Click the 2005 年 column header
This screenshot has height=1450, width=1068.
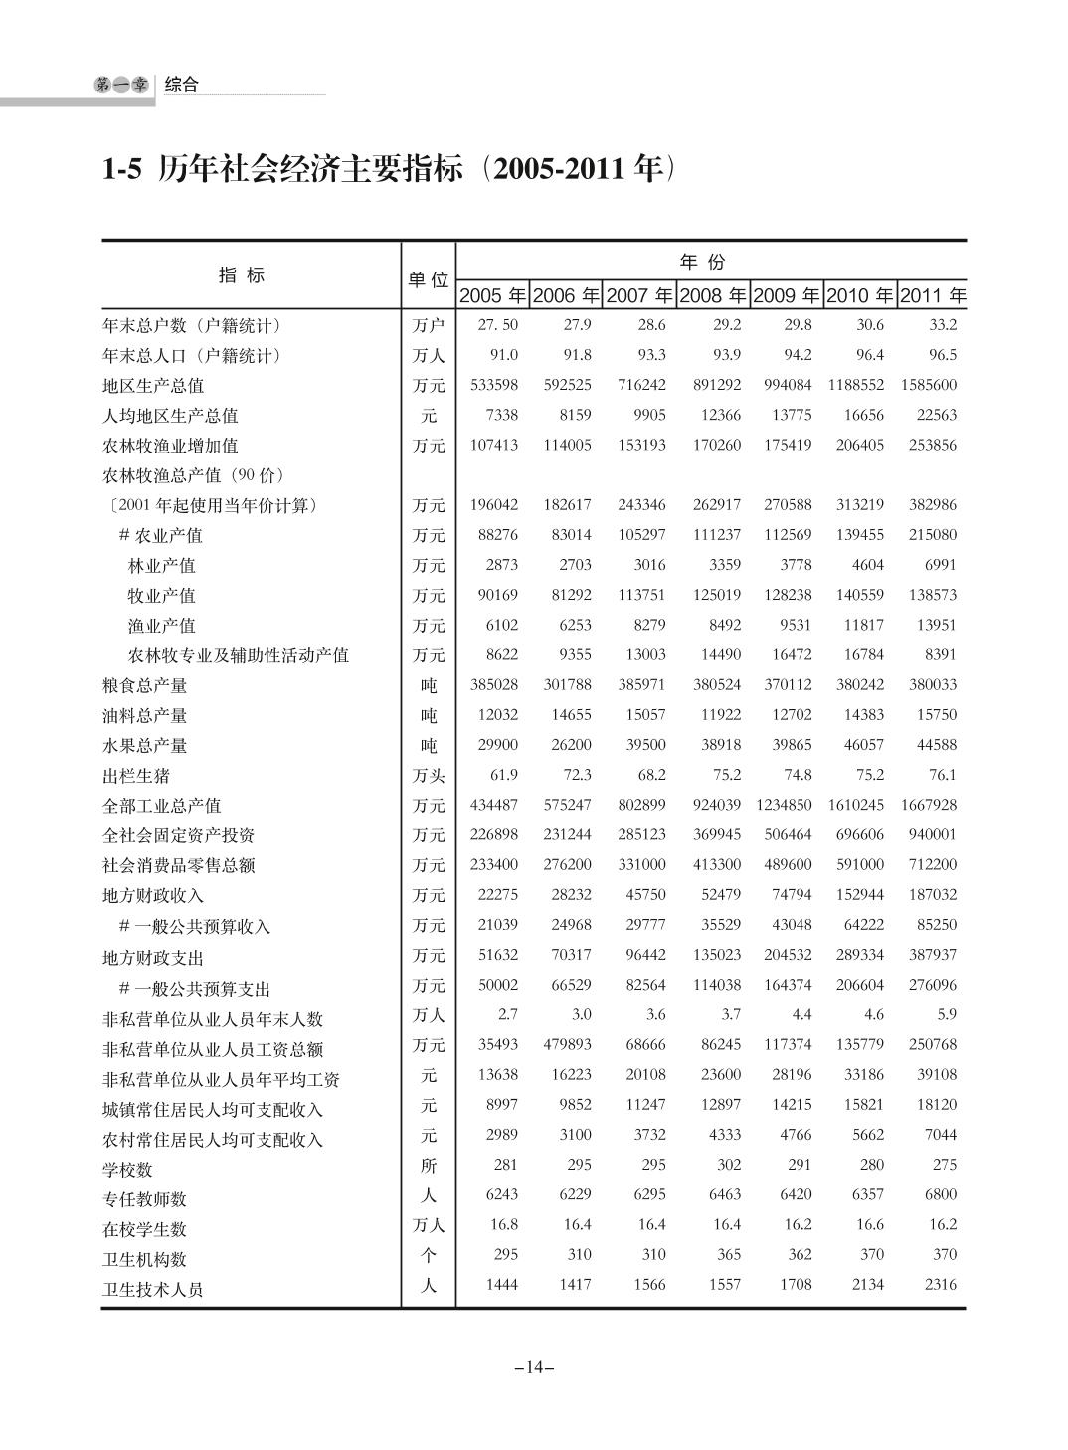point(492,295)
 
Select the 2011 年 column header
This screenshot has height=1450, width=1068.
point(933,295)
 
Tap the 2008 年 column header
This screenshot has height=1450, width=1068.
point(713,295)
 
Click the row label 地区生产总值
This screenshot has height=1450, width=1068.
point(153,386)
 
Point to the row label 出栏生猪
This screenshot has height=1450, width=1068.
point(136,776)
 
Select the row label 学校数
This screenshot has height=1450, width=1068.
point(127,1170)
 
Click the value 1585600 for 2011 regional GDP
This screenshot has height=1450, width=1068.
point(929,385)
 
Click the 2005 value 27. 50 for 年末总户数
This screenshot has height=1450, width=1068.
point(497,325)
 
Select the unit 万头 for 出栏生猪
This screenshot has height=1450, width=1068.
point(429,776)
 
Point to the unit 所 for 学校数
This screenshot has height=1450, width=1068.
point(429,1166)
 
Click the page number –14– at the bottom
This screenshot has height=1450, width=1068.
point(534,1367)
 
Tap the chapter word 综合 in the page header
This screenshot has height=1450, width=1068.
point(181,85)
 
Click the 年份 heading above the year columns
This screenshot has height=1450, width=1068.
point(702,262)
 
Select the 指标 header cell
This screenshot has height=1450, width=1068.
point(242,275)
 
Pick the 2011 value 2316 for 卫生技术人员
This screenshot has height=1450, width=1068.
point(940,1284)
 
